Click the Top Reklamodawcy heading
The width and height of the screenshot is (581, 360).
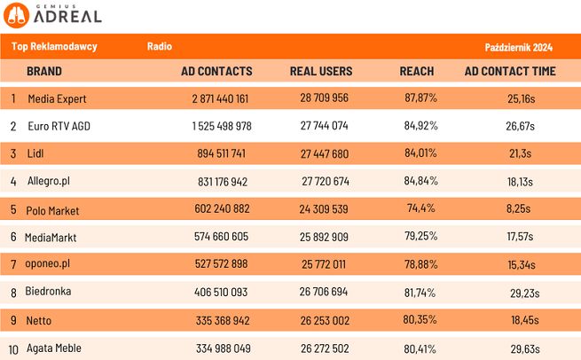(54, 46)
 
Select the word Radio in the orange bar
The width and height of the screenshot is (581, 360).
(160, 45)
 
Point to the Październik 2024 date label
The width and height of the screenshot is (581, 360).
(519, 46)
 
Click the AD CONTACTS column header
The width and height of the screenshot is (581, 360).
(216, 71)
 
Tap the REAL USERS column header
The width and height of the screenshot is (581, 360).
(321, 71)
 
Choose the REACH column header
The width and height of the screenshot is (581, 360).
(417, 71)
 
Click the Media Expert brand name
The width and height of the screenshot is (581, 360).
(57, 98)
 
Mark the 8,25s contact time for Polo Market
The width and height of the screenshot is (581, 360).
(519, 210)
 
